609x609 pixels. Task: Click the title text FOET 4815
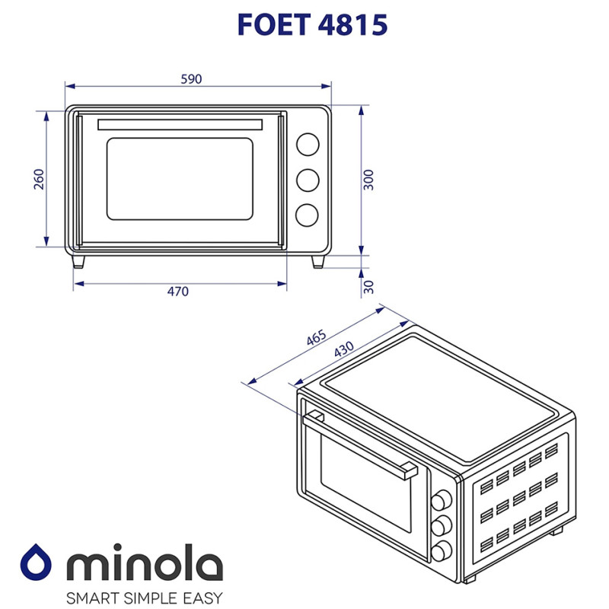312,24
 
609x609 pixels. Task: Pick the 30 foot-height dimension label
369,287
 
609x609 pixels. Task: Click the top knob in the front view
308,144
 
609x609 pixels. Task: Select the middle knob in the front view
308,180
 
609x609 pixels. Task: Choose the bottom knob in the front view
308,215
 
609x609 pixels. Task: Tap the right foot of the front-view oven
318,261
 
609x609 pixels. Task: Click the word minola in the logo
145,565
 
